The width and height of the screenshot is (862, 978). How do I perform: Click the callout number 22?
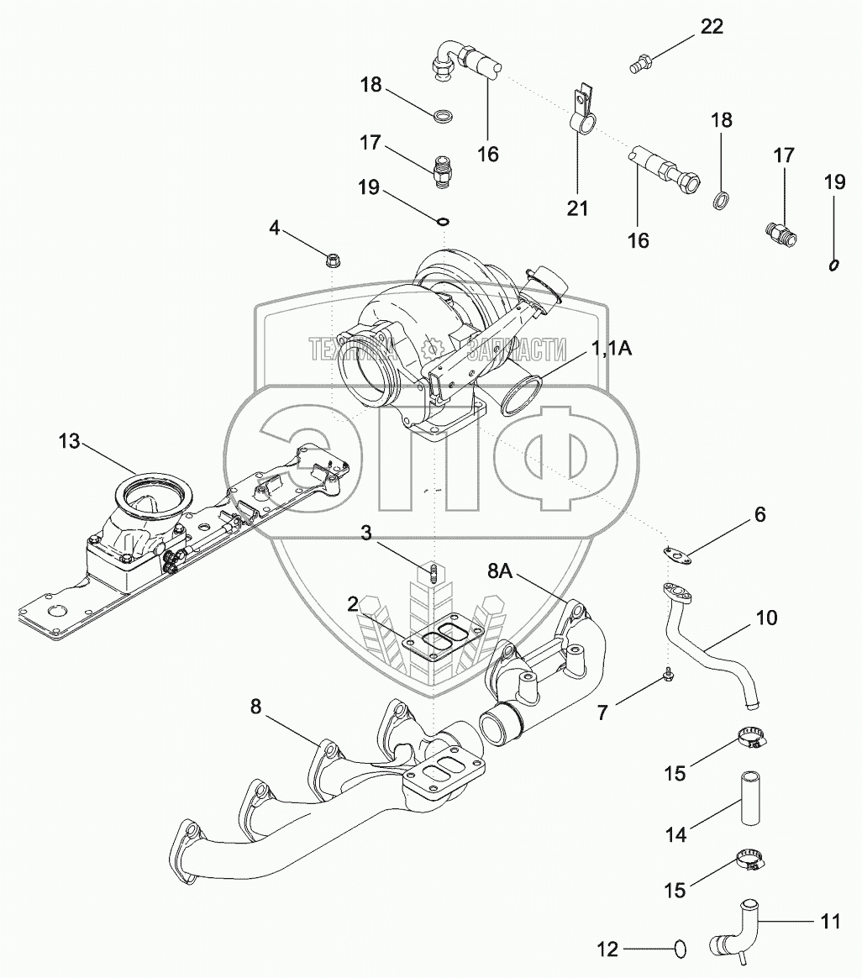pyautogui.click(x=712, y=26)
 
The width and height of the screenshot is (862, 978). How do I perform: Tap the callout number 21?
pyautogui.click(x=578, y=208)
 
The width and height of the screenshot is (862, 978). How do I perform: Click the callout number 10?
pyautogui.click(x=766, y=618)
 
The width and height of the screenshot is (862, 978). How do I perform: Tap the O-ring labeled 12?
pyautogui.click(x=680, y=949)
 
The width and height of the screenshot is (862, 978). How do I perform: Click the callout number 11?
pyautogui.click(x=829, y=921)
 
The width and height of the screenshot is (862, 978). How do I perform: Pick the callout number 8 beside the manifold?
pyautogui.click(x=256, y=707)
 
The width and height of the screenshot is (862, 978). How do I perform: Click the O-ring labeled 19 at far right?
pyautogui.click(x=834, y=266)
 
